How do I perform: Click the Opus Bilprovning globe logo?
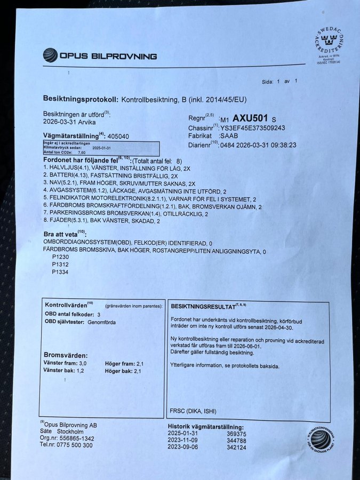[x=50, y=55]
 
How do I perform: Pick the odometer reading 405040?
[x=118, y=136]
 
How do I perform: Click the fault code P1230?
[x=60, y=257]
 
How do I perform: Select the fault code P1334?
[x=60, y=272]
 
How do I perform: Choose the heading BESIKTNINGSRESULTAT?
[x=203, y=307]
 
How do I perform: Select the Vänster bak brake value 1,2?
[x=81, y=371]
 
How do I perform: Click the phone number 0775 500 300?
[x=74, y=445]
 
